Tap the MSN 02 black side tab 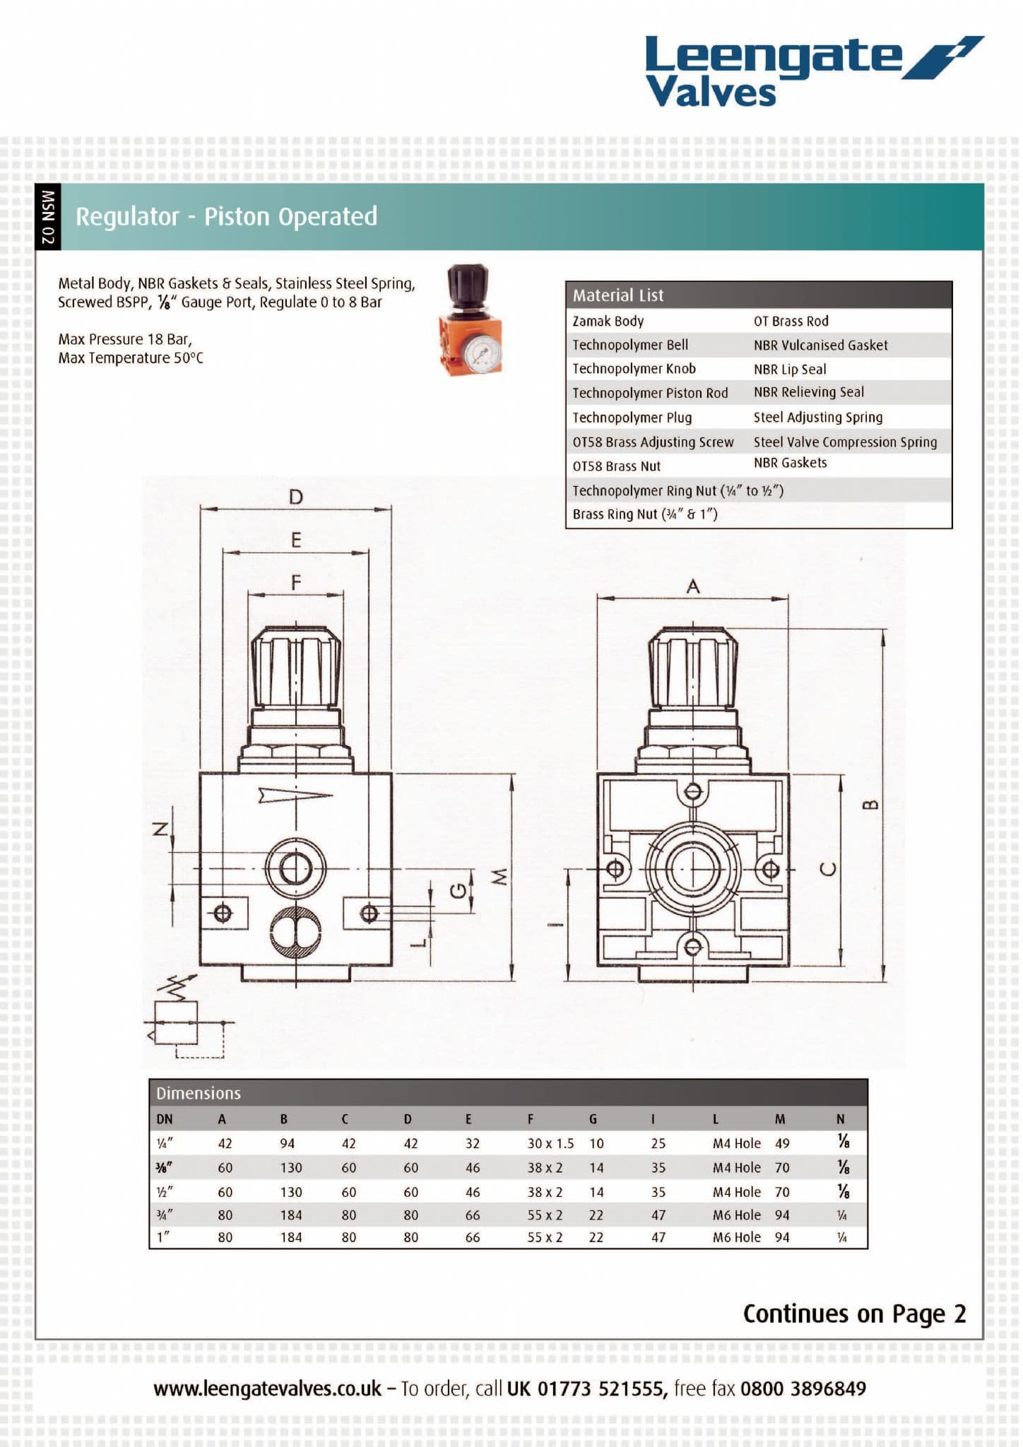48,217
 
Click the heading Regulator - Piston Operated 226,217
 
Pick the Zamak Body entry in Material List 608,321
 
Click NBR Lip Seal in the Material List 789,369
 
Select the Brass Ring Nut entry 644,514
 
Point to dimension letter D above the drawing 295,497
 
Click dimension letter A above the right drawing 693,586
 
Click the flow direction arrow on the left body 295,796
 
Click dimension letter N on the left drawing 161,829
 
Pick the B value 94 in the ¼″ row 287,1143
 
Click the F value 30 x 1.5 550,1143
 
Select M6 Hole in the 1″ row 736,1237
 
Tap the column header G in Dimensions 592,1119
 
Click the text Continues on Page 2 853,1313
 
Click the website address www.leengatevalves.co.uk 267,1388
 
